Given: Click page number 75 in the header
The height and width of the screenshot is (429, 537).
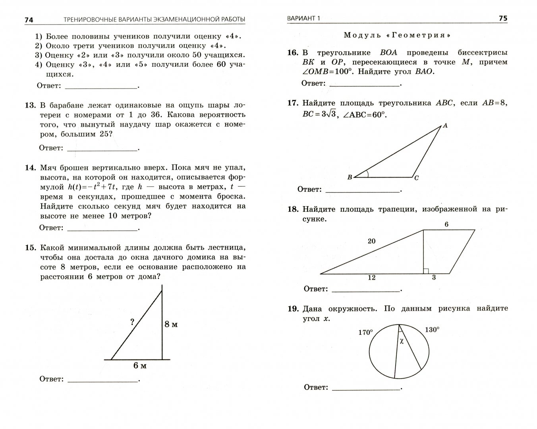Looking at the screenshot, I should tap(503, 19).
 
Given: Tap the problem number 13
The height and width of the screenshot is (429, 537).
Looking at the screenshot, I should tap(31, 105).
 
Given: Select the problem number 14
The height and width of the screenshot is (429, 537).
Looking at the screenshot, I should tap(31, 168).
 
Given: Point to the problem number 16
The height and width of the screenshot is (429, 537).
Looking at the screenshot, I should tap(292, 53).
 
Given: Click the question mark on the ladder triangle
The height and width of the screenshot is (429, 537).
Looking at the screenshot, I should tap(132, 323).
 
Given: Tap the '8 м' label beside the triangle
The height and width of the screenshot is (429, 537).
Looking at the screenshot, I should tap(171, 325).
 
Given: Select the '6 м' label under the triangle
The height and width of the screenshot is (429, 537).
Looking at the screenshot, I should tap(140, 366).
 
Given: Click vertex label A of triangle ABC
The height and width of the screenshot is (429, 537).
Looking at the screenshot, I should tap(445, 126).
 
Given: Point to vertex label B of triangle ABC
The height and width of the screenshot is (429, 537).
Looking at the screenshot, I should tap(350, 178).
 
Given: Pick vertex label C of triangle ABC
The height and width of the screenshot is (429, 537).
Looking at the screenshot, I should tap(416, 178).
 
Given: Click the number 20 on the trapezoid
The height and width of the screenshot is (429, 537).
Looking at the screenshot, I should tap(371, 241).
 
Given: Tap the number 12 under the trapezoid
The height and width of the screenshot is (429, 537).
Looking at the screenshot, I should tap(371, 278).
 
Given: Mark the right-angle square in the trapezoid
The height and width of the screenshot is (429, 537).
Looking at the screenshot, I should tap(425, 271).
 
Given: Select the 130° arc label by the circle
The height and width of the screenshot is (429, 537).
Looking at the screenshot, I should tap(432, 329).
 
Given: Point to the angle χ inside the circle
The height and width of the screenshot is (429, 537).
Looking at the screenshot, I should tap(402, 341).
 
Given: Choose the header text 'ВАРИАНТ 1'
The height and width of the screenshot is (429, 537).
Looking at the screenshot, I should tap(303, 19).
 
